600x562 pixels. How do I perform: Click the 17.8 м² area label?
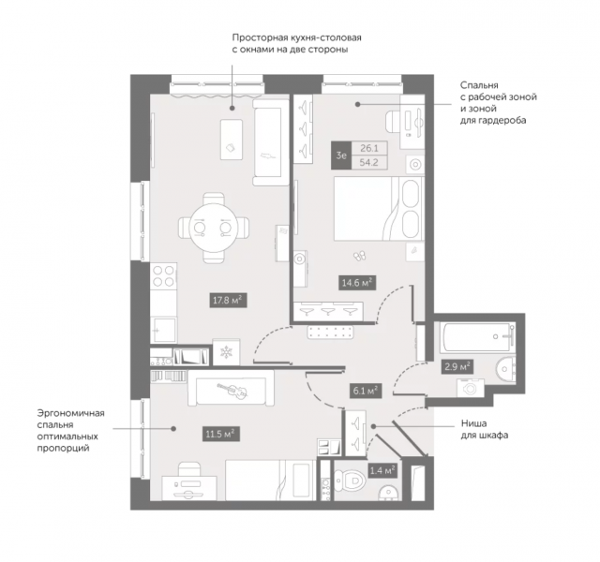coord(228,300)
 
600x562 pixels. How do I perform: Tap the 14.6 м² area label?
coord(357,283)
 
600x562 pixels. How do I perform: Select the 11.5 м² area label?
coord(220,434)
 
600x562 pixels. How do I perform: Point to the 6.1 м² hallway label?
coord(366,392)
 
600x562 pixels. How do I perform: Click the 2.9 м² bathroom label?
coord(457,367)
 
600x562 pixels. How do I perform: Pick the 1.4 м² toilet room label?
coord(382,470)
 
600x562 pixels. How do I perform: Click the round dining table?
coord(214,229)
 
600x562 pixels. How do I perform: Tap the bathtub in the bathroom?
coord(477,337)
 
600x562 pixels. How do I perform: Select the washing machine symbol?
coord(471,389)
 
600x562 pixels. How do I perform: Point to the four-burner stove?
coord(164,276)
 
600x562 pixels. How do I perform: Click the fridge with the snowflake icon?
coord(227,352)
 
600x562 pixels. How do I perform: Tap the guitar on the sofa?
coord(232,391)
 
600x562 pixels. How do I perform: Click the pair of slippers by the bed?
coord(359,255)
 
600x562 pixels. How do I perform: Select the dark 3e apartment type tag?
coord(341,155)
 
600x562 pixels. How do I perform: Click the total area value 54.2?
coord(369,162)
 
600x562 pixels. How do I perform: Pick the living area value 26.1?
coord(369,148)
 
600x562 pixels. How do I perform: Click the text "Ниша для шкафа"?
coord(484,429)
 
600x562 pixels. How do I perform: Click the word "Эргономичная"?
coord(71,413)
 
